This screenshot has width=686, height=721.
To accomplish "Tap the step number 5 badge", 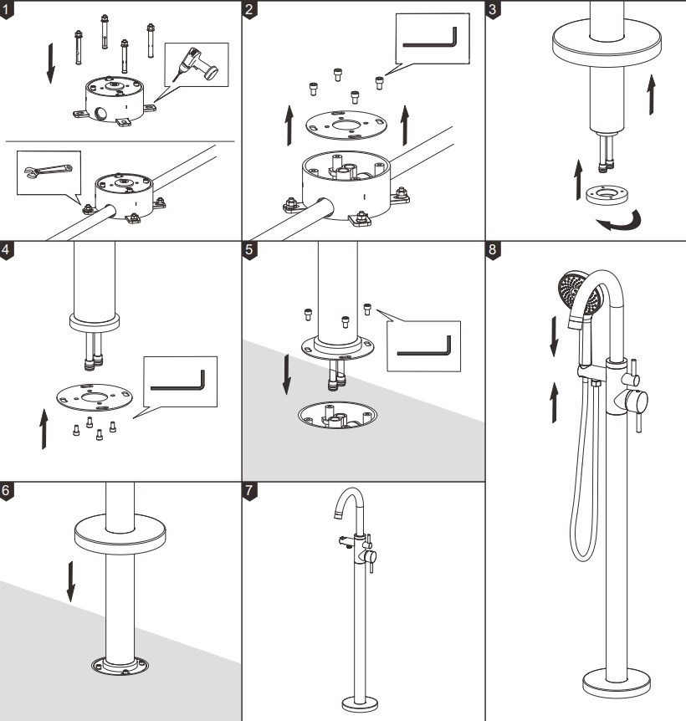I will (250, 250).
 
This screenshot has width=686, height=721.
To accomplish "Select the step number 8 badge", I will (494, 250).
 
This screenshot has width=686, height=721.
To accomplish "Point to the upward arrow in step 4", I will (44, 426).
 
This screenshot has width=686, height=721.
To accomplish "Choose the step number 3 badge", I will (494, 9).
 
